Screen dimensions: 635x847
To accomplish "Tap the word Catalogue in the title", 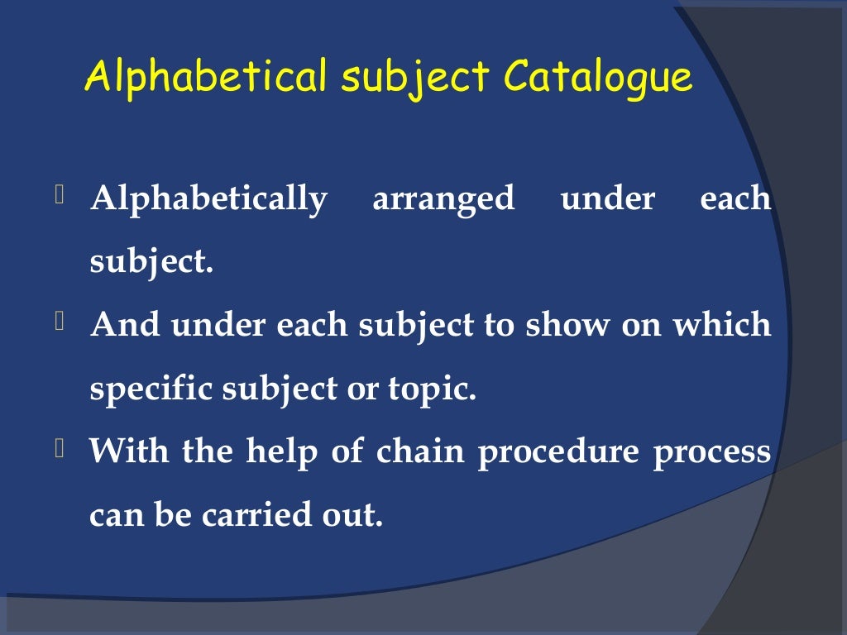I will pyautogui.click(x=598, y=78).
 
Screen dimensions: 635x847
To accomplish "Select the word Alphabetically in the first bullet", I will pyautogui.click(x=208, y=200).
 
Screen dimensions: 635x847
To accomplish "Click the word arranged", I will pyautogui.click(x=443, y=200).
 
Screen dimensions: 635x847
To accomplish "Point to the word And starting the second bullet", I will pyautogui.click(x=126, y=326).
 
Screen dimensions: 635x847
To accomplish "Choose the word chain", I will pyautogui.click(x=419, y=452).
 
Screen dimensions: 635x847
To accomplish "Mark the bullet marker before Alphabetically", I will pyautogui.click(x=60, y=196).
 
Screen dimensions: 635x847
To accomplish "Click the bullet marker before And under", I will pyautogui.click(x=60, y=322).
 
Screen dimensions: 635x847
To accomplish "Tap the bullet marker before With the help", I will pyautogui.click(x=60, y=448).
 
